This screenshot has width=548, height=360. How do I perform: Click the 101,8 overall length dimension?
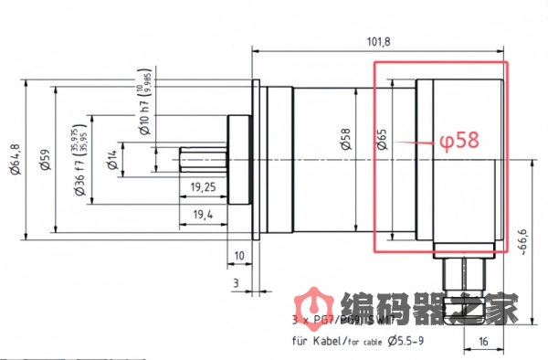[379, 41]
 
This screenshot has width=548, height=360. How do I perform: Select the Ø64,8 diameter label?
[15, 162]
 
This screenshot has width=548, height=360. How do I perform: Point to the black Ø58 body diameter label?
[344, 140]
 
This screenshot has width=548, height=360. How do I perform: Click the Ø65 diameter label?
[382, 140]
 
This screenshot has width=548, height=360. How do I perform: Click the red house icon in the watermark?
[313, 307]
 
